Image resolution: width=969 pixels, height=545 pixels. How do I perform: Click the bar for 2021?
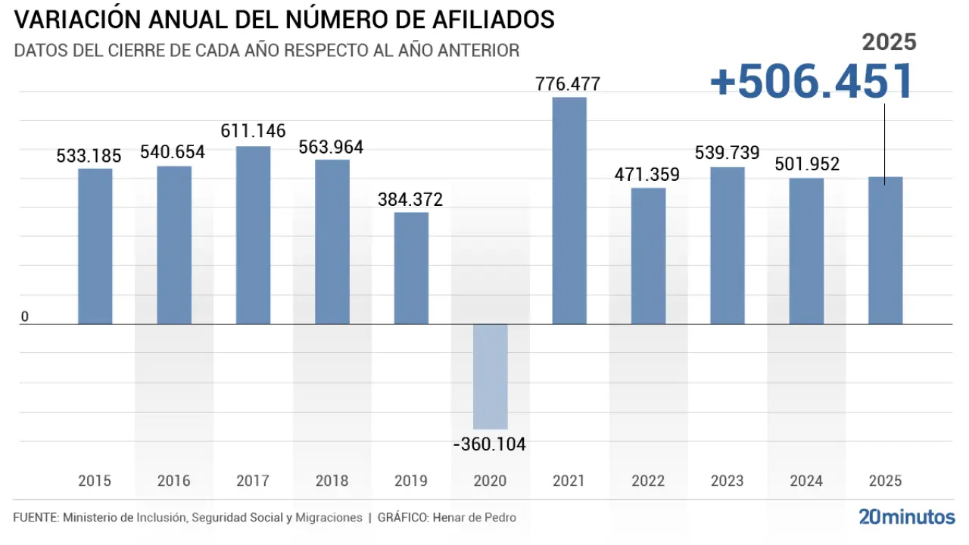pyautogui.click(x=569, y=210)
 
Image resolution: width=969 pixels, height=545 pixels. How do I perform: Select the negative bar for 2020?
pyautogui.click(x=491, y=376)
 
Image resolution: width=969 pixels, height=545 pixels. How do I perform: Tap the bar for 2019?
pyautogui.click(x=412, y=268)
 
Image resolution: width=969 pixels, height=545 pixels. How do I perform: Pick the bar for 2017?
pyautogui.click(x=254, y=235)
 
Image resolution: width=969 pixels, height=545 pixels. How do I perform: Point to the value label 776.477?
pyautogui.click(x=568, y=84)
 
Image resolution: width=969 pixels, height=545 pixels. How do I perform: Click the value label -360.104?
pyautogui.click(x=490, y=444)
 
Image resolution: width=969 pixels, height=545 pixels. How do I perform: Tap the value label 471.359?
pyautogui.click(x=647, y=175)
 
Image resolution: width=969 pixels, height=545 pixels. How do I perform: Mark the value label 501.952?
pyautogui.click(x=807, y=164)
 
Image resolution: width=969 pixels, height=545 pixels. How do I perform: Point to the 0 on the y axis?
pyautogui.click(x=25, y=316)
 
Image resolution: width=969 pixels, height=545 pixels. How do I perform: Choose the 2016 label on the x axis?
pyautogui.click(x=174, y=481)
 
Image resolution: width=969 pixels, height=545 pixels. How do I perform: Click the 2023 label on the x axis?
pyautogui.click(x=728, y=481)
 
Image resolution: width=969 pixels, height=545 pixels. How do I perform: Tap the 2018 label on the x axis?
pyautogui.click(x=332, y=481)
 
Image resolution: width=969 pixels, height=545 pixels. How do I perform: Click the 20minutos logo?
pyautogui.click(x=907, y=517)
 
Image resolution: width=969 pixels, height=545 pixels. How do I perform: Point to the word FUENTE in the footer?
pyautogui.click(x=36, y=518)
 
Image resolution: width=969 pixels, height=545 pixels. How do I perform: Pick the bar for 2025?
pyautogui.click(x=886, y=250)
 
